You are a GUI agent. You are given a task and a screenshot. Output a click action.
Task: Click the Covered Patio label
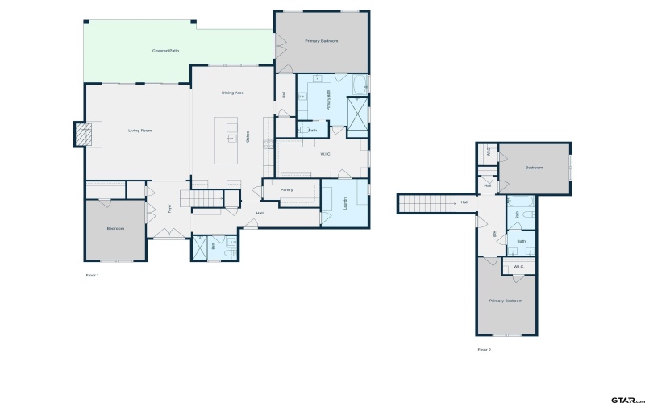point(165,51)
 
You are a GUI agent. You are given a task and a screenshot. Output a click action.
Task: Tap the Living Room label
point(139,130)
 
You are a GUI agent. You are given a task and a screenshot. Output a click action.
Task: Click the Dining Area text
point(233,93)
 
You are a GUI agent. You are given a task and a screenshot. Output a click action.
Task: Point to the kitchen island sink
point(231,138)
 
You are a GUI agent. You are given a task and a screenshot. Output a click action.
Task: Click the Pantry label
point(286,190)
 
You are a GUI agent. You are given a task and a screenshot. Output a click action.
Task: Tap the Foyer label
point(169,208)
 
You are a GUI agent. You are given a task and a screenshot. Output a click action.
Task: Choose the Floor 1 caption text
point(92,275)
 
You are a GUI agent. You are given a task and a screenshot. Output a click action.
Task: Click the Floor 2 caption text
point(484,349)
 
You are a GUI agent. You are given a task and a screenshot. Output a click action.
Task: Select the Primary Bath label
point(329,99)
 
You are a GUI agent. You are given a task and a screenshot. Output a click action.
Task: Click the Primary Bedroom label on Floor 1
point(321,40)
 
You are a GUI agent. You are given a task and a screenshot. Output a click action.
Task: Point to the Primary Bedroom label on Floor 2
point(506,301)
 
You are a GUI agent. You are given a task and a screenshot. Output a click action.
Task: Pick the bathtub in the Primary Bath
point(359,84)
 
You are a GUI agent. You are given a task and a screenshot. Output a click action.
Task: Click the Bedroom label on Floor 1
point(115,229)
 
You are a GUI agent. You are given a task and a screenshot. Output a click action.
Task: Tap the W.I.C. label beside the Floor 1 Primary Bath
point(327,153)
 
